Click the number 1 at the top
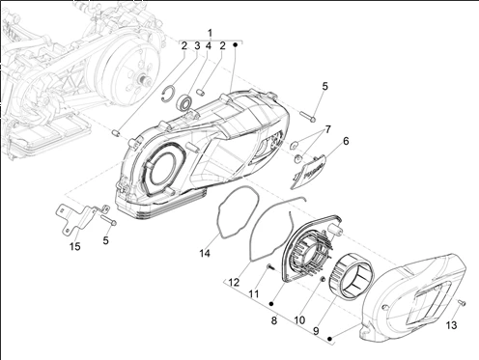[x=211, y=33]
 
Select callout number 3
[x=197, y=45]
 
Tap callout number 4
[x=209, y=45]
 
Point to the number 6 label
[x=346, y=141]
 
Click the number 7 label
[x=328, y=129]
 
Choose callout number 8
[x=274, y=320]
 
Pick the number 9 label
[x=316, y=331]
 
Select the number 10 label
[x=299, y=320]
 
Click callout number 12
[x=234, y=283]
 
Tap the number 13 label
[x=452, y=325]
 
